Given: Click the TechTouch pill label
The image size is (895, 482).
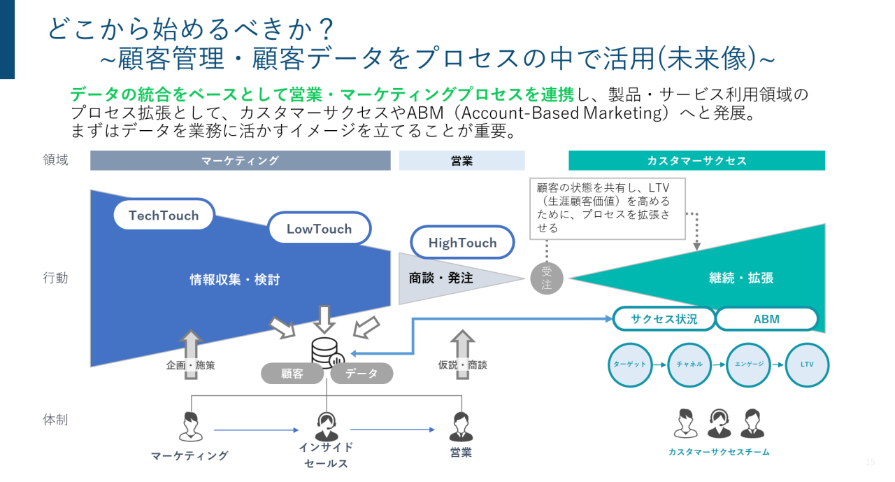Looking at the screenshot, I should pyautogui.click(x=164, y=215).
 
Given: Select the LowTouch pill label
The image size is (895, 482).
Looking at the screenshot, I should pyautogui.click(x=319, y=229).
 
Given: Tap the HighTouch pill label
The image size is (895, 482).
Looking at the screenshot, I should pyautogui.click(x=462, y=243).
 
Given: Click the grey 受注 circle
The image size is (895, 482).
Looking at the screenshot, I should pyautogui.click(x=546, y=278).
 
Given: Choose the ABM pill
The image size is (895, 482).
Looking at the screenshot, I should pyautogui.click(x=766, y=319).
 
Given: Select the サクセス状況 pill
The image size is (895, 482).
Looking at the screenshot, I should pyautogui.click(x=664, y=319).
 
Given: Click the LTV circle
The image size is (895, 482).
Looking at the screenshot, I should pyautogui.click(x=807, y=364).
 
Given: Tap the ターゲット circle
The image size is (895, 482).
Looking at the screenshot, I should pyautogui.click(x=629, y=364).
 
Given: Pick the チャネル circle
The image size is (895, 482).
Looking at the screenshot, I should pyautogui.click(x=689, y=364).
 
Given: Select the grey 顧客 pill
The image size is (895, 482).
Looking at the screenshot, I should pyautogui.click(x=292, y=374).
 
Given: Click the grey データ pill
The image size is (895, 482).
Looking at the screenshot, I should pyautogui.click(x=361, y=374).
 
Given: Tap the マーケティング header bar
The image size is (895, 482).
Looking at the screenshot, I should pyautogui.click(x=240, y=161).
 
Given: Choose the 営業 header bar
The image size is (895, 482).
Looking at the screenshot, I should pyautogui.click(x=461, y=161).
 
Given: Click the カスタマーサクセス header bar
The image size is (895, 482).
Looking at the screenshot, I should pyautogui.click(x=696, y=161).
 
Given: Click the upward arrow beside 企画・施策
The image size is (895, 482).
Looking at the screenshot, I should pyautogui.click(x=190, y=354).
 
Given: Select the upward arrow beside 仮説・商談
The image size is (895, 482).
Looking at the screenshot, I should pyautogui.click(x=461, y=354).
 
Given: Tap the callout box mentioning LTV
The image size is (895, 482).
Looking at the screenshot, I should pyautogui.click(x=607, y=208).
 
